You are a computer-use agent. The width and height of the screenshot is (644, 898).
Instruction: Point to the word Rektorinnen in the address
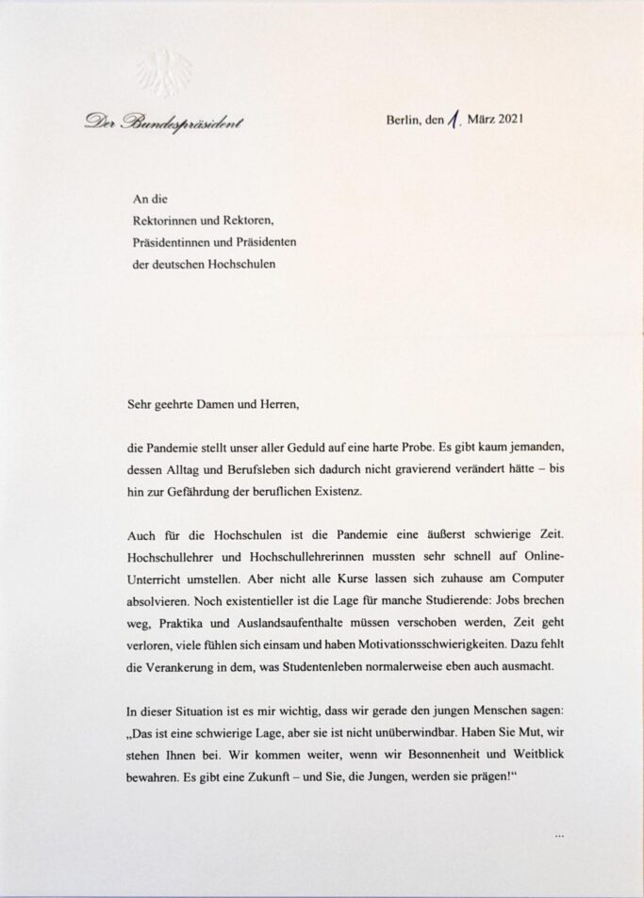(167, 220)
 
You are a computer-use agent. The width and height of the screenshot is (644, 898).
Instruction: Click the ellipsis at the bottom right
(559, 836)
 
